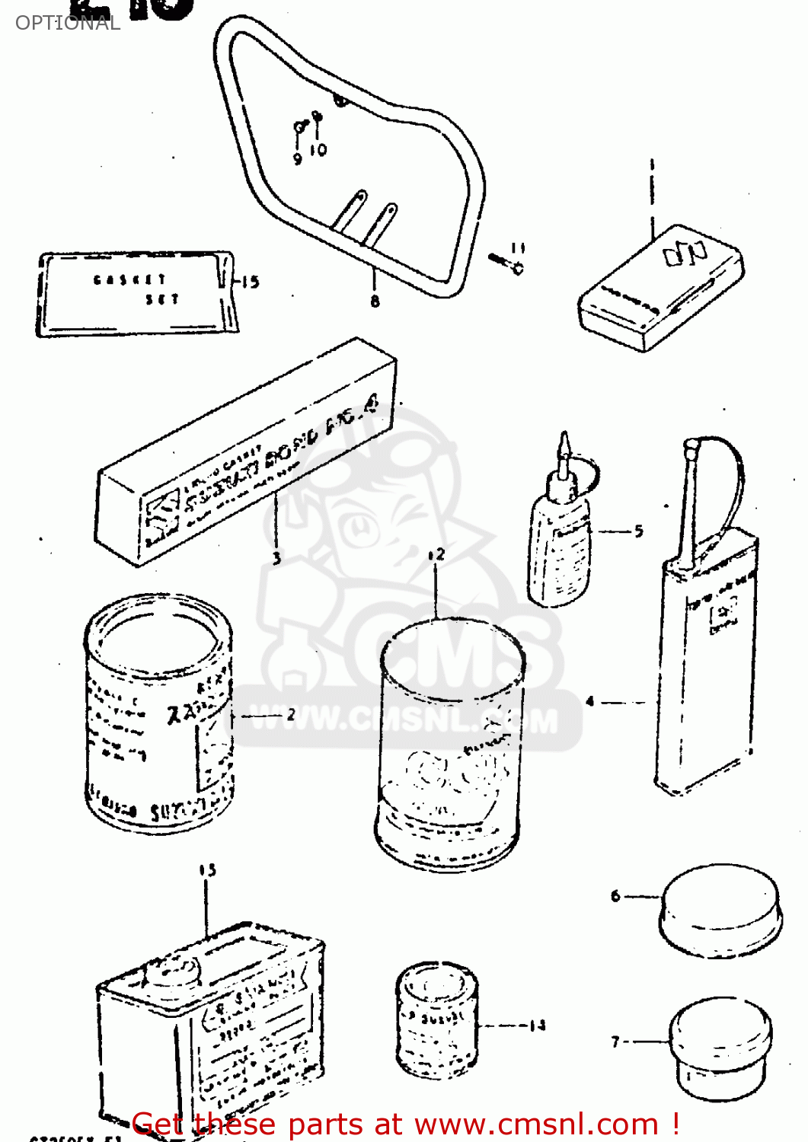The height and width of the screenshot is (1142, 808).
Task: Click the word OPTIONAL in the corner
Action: pyautogui.click(x=67, y=23)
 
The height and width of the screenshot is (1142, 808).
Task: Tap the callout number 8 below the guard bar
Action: pyautogui.click(x=375, y=301)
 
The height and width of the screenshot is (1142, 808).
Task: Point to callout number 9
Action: pyautogui.click(x=298, y=158)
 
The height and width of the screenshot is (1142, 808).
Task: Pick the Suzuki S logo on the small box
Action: pyautogui.click(x=685, y=253)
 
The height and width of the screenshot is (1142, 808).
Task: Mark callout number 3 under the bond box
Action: pyautogui.click(x=276, y=558)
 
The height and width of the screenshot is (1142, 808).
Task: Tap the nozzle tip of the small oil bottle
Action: pyautogui.click(x=564, y=442)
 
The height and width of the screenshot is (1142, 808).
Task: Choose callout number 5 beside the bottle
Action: pyautogui.click(x=638, y=531)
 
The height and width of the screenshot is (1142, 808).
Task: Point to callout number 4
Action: pyautogui.click(x=590, y=701)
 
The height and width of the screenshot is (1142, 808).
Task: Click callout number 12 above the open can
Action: pyautogui.click(x=436, y=555)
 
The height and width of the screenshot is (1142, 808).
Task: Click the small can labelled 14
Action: pyautogui.click(x=436, y=1020)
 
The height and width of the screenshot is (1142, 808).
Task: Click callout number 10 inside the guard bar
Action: pyautogui.click(x=318, y=150)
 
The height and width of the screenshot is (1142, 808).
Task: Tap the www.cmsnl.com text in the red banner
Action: pyautogui.click(x=537, y=1124)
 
